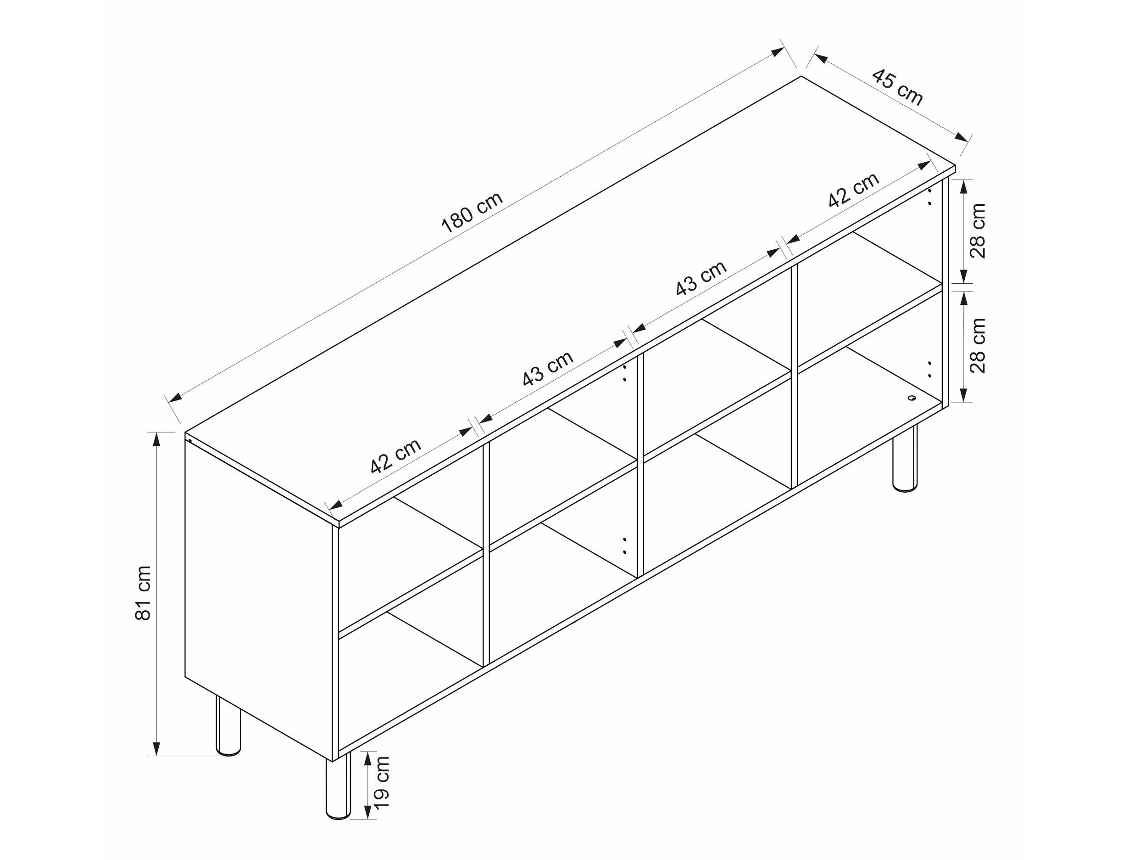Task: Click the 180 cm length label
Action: [472, 212]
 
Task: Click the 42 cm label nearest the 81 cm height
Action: [396, 457]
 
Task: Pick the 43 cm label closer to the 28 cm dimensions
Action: [701, 278]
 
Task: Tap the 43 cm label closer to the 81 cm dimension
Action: [548, 369]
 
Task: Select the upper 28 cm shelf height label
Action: [978, 230]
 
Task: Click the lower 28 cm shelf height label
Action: [978, 346]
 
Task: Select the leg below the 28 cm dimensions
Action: [905, 458]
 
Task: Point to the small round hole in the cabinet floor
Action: [911, 398]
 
